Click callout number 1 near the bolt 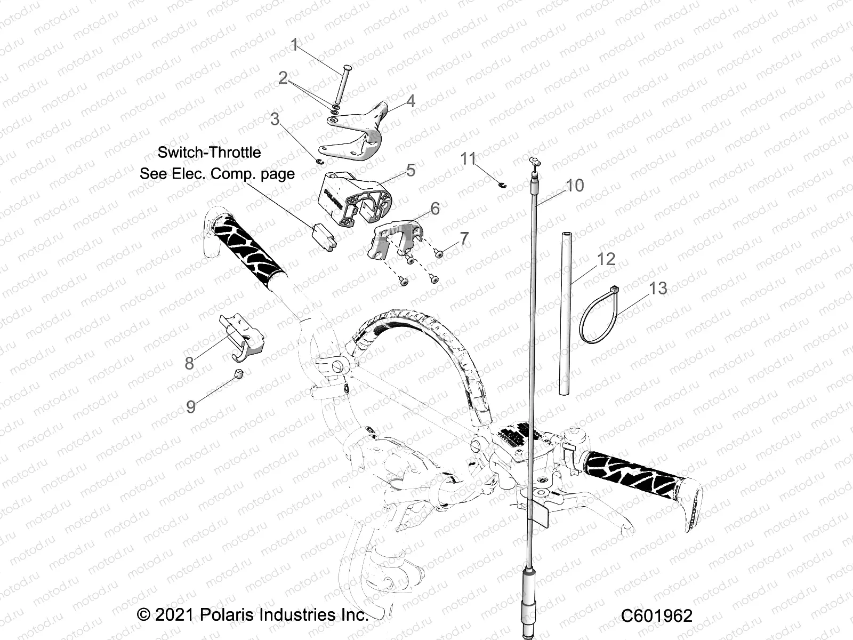[294, 45]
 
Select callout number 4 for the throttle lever [410, 101]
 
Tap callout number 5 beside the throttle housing [411, 170]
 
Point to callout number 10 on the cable [575, 186]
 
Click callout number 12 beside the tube [606, 259]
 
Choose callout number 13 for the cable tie [658, 288]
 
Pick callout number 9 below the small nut [191, 407]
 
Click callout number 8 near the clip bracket [189, 363]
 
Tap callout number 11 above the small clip [468, 158]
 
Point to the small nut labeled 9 [239, 373]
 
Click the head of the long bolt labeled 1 [346, 68]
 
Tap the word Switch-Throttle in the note [209, 153]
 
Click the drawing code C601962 [656, 616]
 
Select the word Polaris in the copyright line [229, 614]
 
